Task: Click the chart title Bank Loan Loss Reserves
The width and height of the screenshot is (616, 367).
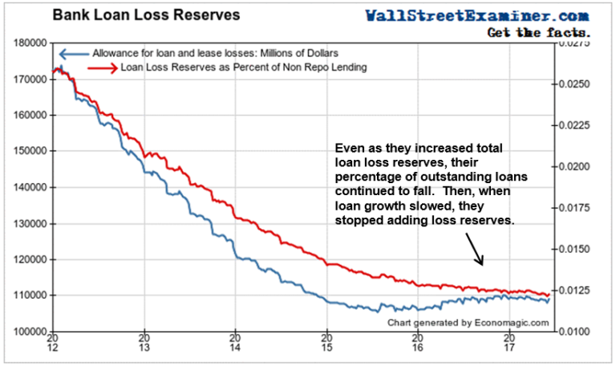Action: tap(135, 15)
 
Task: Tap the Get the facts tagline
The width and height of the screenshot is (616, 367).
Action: tap(539, 33)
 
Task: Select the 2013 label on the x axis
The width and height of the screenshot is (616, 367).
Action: tap(144, 345)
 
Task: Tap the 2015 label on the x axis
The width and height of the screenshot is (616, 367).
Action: tap(326, 345)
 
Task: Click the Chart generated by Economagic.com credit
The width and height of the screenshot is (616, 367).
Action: tap(468, 322)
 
